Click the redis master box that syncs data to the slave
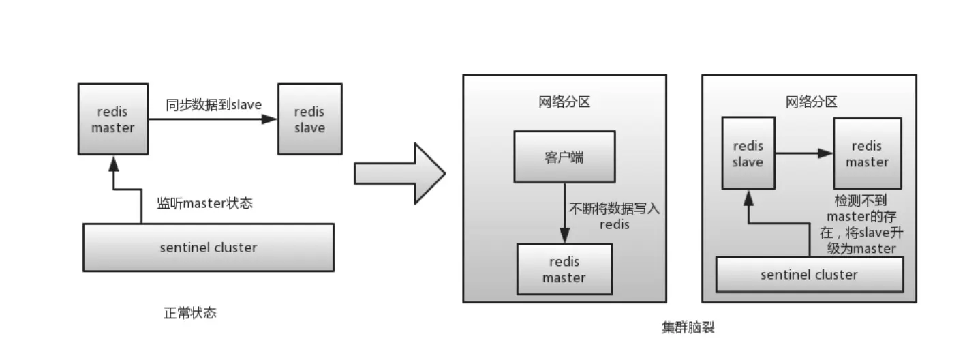click(113, 119)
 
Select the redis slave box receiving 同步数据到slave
click(309, 119)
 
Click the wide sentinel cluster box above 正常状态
click(208, 247)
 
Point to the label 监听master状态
click(204, 203)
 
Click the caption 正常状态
click(190, 314)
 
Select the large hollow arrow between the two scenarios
click(399, 173)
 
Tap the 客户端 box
click(564, 157)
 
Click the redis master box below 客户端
click(564, 270)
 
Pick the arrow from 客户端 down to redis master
click(564, 211)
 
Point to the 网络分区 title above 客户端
click(564, 102)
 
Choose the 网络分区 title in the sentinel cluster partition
click(811, 102)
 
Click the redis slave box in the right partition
click(748, 153)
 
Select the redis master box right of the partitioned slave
click(868, 153)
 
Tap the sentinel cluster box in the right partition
click(809, 275)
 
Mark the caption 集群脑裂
click(688, 327)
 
